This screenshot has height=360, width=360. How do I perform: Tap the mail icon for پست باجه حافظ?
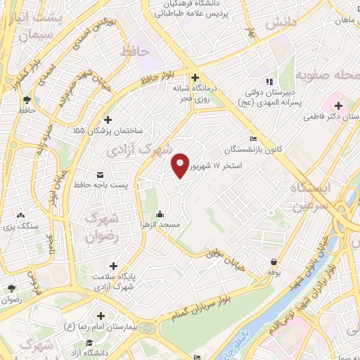(99, 174)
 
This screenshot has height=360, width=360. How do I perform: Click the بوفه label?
(273, 271)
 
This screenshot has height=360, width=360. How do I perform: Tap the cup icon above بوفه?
(273, 261)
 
